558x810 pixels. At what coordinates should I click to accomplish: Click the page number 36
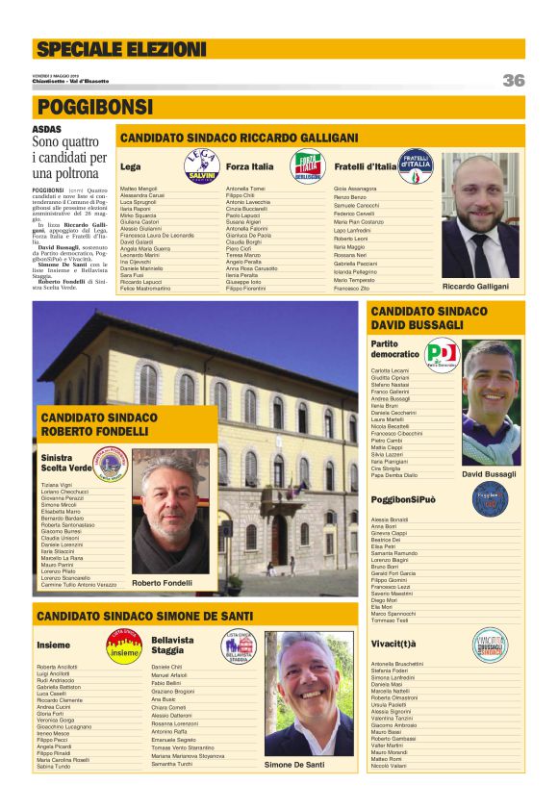513,81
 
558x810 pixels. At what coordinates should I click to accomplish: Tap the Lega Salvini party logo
202,166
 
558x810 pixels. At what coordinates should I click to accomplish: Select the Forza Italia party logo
308,166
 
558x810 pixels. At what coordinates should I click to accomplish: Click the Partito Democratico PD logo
442,355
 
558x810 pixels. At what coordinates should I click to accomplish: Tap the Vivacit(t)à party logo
489,645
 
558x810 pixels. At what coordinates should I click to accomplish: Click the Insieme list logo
123,645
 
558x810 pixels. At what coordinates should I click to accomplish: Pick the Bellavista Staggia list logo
238,645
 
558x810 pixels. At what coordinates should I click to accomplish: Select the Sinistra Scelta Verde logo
110,462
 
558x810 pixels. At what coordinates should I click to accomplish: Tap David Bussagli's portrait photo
490,402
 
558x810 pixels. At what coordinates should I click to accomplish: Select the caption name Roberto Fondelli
162,583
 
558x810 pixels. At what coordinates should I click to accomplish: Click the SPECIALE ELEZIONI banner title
120,49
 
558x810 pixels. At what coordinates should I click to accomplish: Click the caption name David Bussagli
489,474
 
